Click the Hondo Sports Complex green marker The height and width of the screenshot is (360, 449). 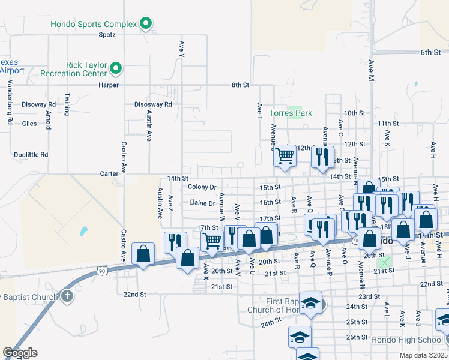coord(145,24)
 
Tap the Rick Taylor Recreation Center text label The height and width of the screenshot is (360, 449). coord(73,69)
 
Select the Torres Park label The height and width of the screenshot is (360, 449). coord(291,113)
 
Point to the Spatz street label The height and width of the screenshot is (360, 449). coord(107,34)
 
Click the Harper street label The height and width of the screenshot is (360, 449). coord(109,85)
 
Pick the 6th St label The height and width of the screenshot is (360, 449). coord(430,53)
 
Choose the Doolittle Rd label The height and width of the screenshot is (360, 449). coord(31,155)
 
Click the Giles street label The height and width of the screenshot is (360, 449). coord(29,124)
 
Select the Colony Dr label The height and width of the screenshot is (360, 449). coord(202,187)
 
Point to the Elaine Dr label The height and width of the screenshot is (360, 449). coord(202,203)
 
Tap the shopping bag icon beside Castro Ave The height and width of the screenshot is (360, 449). coord(143,254)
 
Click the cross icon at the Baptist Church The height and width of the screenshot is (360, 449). coord(67,295)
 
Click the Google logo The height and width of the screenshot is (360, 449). coord(20,353)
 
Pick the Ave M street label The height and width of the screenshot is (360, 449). coord(371,71)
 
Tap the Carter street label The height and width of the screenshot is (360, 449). coord(109,173)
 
